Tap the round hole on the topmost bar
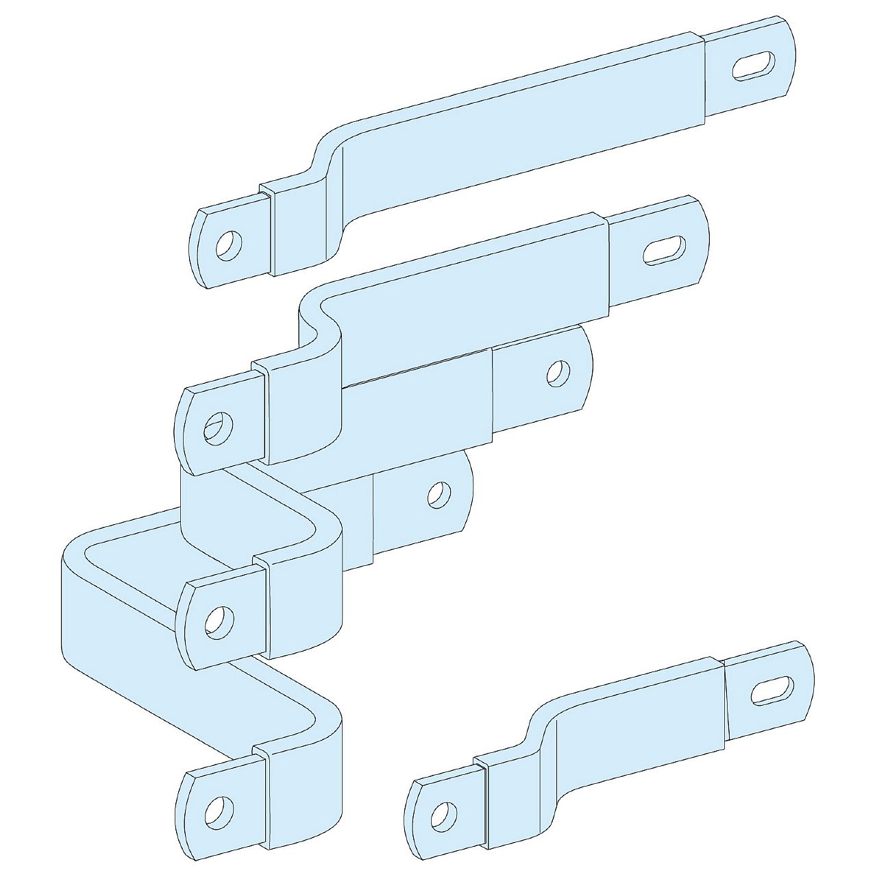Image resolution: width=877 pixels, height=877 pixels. pyautogui.click(x=228, y=245)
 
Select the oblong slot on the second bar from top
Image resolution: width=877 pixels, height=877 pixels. pyautogui.click(x=664, y=251)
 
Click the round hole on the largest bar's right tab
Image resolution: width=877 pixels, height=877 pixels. pyautogui.click(x=438, y=494)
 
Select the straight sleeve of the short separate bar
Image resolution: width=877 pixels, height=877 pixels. pyautogui.click(x=637, y=726)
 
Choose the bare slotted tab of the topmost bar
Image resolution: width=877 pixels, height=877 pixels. pyautogui.click(x=750, y=69)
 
